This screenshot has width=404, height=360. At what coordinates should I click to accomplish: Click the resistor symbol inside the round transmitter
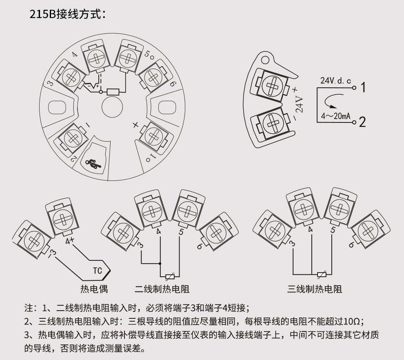(113, 92)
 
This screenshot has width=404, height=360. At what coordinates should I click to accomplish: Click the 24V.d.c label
(335, 81)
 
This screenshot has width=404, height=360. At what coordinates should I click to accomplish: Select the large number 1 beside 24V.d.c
(363, 87)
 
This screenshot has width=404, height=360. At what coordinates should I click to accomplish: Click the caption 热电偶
(94, 289)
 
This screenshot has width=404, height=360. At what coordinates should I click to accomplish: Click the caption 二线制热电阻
(162, 289)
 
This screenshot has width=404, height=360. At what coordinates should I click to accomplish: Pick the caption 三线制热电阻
(315, 289)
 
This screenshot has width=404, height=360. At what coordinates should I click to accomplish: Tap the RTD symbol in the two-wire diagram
(170, 276)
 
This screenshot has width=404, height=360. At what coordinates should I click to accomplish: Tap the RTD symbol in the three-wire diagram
(322, 274)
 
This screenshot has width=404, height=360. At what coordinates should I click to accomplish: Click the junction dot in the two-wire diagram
(160, 264)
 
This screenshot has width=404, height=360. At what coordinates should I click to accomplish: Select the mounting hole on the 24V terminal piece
(266, 61)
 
